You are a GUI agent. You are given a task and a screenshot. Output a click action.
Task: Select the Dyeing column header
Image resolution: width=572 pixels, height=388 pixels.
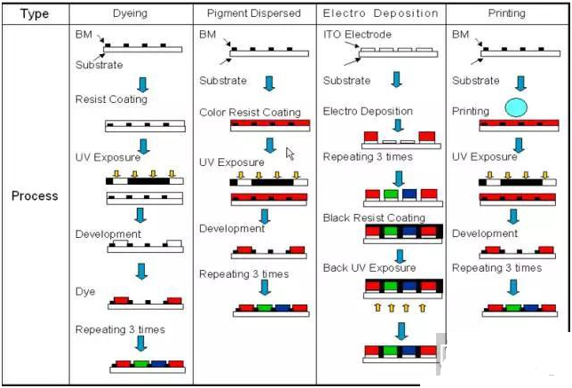point(131,14)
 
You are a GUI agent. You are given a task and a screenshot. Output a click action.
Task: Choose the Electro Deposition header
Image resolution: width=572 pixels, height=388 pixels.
point(380,14)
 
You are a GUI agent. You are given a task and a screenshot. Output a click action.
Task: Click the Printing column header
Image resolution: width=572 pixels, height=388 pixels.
point(506,14)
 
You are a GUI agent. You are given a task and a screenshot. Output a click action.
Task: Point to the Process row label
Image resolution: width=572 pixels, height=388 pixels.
point(35,195)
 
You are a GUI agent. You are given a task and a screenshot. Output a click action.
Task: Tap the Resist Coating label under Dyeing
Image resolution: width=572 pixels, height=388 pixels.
point(111,99)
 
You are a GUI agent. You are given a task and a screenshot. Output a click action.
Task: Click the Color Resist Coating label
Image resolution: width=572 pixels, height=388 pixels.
point(250,113)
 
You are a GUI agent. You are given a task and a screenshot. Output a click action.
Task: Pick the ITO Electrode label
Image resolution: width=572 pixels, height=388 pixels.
point(358,34)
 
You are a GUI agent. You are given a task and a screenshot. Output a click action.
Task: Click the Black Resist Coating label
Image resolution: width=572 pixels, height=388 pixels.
point(374,218)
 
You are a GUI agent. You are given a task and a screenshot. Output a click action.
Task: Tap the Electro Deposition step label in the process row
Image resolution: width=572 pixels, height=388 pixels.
point(368,112)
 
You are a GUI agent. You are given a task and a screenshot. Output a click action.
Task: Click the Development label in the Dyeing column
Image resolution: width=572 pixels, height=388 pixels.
point(108,234)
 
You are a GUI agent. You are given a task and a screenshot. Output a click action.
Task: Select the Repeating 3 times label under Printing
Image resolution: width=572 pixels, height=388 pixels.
point(497,267)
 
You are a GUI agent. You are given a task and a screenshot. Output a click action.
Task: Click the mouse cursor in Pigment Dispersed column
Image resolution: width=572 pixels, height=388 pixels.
point(290,153)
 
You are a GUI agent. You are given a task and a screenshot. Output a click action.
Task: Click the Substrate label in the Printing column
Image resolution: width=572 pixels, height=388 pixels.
point(476,81)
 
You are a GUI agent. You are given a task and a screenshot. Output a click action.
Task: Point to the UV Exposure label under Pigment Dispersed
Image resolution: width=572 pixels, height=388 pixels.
point(231,162)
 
